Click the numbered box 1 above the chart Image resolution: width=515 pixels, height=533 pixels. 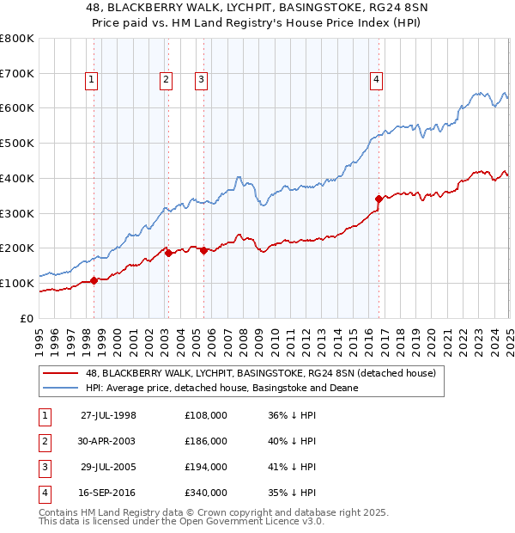tap(91, 81)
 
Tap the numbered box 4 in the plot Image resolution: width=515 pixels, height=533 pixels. tap(376, 81)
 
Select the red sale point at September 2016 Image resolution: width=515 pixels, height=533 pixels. tap(379, 199)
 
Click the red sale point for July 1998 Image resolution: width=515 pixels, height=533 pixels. tap(94, 280)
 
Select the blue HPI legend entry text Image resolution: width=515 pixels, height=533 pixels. tap(221, 388)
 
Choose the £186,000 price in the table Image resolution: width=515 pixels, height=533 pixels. tap(206, 441)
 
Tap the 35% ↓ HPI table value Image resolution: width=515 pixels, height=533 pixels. tap(292, 493)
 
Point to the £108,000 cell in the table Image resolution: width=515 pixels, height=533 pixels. tap(206, 415)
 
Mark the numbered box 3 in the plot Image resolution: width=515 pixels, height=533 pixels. tap(201, 81)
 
